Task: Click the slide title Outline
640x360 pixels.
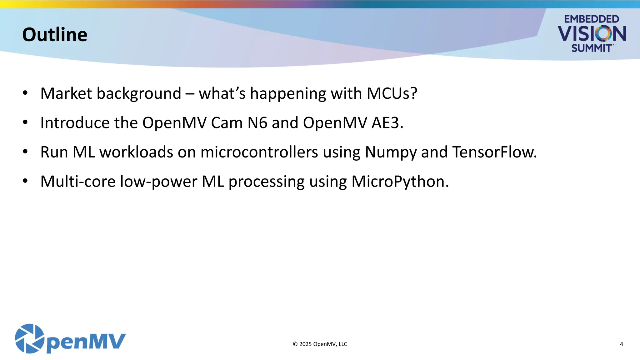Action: pyautogui.click(x=55, y=34)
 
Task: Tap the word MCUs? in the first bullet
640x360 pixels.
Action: pyautogui.click(x=392, y=93)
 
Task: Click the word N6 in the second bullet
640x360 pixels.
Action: pyautogui.click(x=257, y=122)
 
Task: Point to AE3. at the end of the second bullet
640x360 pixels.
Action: pyautogui.click(x=387, y=122)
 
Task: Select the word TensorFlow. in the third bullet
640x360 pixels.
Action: pyautogui.click(x=494, y=152)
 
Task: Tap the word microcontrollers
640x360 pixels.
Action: pyautogui.click(x=259, y=152)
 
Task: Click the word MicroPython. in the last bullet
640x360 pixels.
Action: pyautogui.click(x=400, y=182)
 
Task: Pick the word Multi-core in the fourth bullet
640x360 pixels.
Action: pyautogui.click(x=78, y=182)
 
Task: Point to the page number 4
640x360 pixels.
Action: pyautogui.click(x=621, y=344)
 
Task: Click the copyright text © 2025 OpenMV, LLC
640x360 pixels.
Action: pyautogui.click(x=320, y=344)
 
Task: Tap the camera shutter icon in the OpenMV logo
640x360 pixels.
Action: pyautogui.click(x=30, y=339)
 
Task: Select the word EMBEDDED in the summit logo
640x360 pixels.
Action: pyautogui.click(x=591, y=19)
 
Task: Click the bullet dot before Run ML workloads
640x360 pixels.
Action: pyautogui.click(x=25, y=152)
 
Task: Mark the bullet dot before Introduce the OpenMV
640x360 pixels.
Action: pyautogui.click(x=25, y=122)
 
